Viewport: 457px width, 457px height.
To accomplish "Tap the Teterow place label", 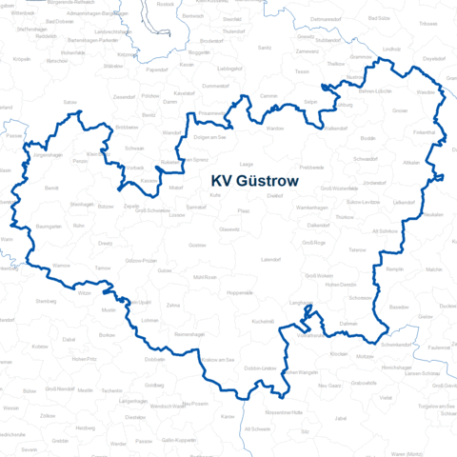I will point(358,248).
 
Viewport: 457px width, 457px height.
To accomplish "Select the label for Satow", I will point(69,101).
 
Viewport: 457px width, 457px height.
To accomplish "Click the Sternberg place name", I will point(46,301).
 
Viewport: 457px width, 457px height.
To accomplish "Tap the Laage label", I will point(246,164).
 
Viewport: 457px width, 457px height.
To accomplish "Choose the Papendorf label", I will point(156,70).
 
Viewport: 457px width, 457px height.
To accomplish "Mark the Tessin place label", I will point(303,71).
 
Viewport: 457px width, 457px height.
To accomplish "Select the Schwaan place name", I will point(134,149).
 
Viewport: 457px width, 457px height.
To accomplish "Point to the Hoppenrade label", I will point(247,293).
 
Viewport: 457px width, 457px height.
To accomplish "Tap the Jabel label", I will point(341,417).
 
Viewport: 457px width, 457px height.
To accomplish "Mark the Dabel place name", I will point(69,339).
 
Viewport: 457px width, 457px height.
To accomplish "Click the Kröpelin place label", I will point(22,59).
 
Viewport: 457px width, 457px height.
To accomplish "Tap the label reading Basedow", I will point(399,308).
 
